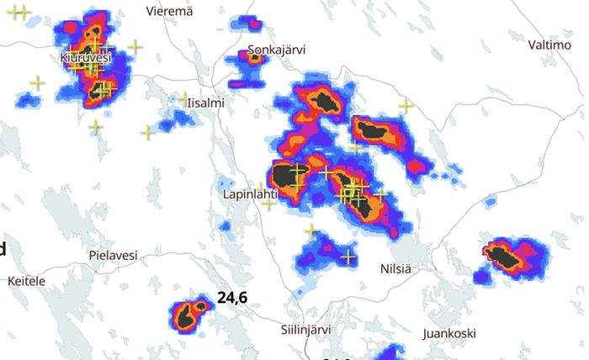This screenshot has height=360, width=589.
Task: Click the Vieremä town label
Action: [169, 11]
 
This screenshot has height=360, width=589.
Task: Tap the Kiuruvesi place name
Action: [86, 57]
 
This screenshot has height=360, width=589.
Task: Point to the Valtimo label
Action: [549, 44]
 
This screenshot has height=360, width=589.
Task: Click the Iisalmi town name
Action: [206, 103]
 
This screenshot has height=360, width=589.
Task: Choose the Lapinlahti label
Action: [250, 193]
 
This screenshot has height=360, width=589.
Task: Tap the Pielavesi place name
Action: [113, 254]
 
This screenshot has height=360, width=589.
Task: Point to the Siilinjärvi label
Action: [304, 330]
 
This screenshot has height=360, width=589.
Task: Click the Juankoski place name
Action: [449, 333]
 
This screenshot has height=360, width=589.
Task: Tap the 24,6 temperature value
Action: [231, 297]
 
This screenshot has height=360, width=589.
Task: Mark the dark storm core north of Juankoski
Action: [504, 255]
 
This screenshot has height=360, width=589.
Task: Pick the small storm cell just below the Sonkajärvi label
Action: [253, 58]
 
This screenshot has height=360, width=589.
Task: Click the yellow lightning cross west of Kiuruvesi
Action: [37, 82]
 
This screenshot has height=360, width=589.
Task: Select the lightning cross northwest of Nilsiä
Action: [347, 257]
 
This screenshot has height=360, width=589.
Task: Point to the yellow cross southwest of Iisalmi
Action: [148, 132]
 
